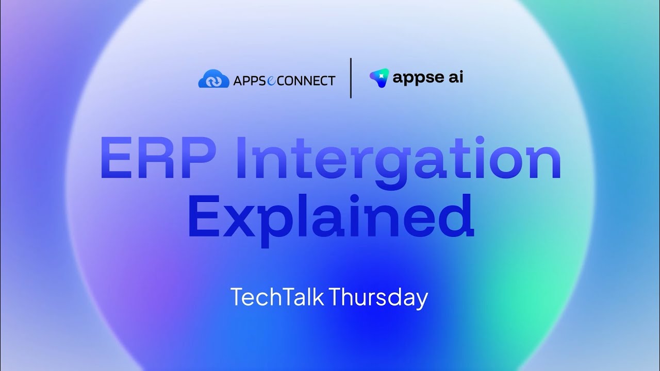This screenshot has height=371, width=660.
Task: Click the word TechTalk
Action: pos(276,298)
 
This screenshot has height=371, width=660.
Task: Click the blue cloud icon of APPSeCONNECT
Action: pos(213,79)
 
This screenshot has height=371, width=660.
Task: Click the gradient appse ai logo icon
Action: pos(379,77)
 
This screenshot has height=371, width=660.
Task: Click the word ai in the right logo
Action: pos(455,77)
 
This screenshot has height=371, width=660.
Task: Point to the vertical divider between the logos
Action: pos(351,78)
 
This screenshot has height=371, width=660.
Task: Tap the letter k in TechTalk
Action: pos(318,297)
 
